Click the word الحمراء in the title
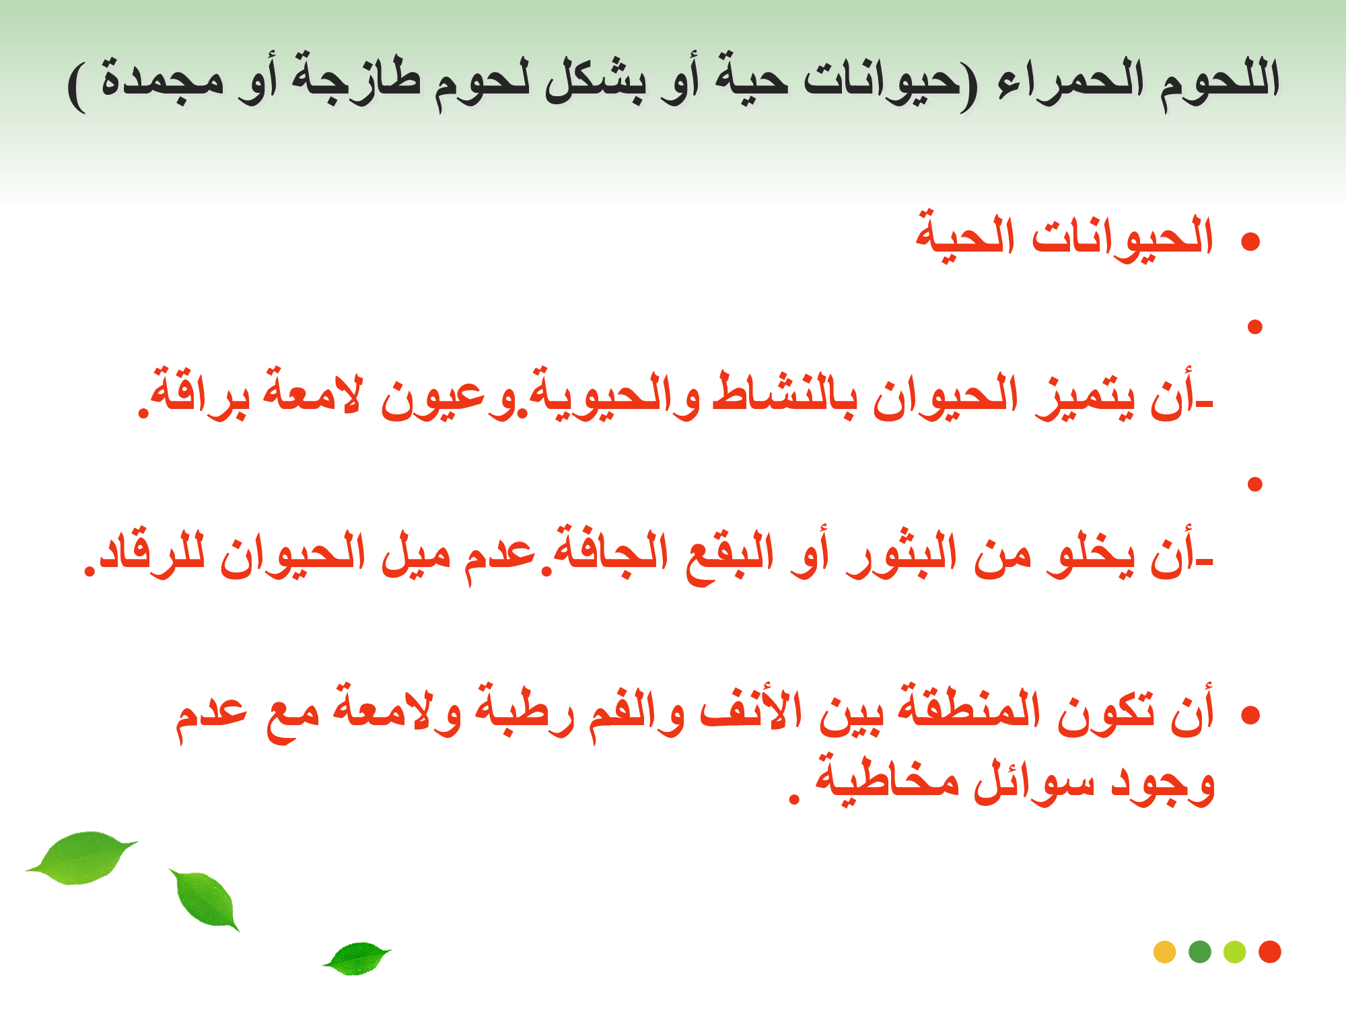click(1071, 80)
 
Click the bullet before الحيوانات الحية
click(1250, 241)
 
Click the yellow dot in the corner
click(1164, 952)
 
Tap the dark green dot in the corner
click(1200, 952)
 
